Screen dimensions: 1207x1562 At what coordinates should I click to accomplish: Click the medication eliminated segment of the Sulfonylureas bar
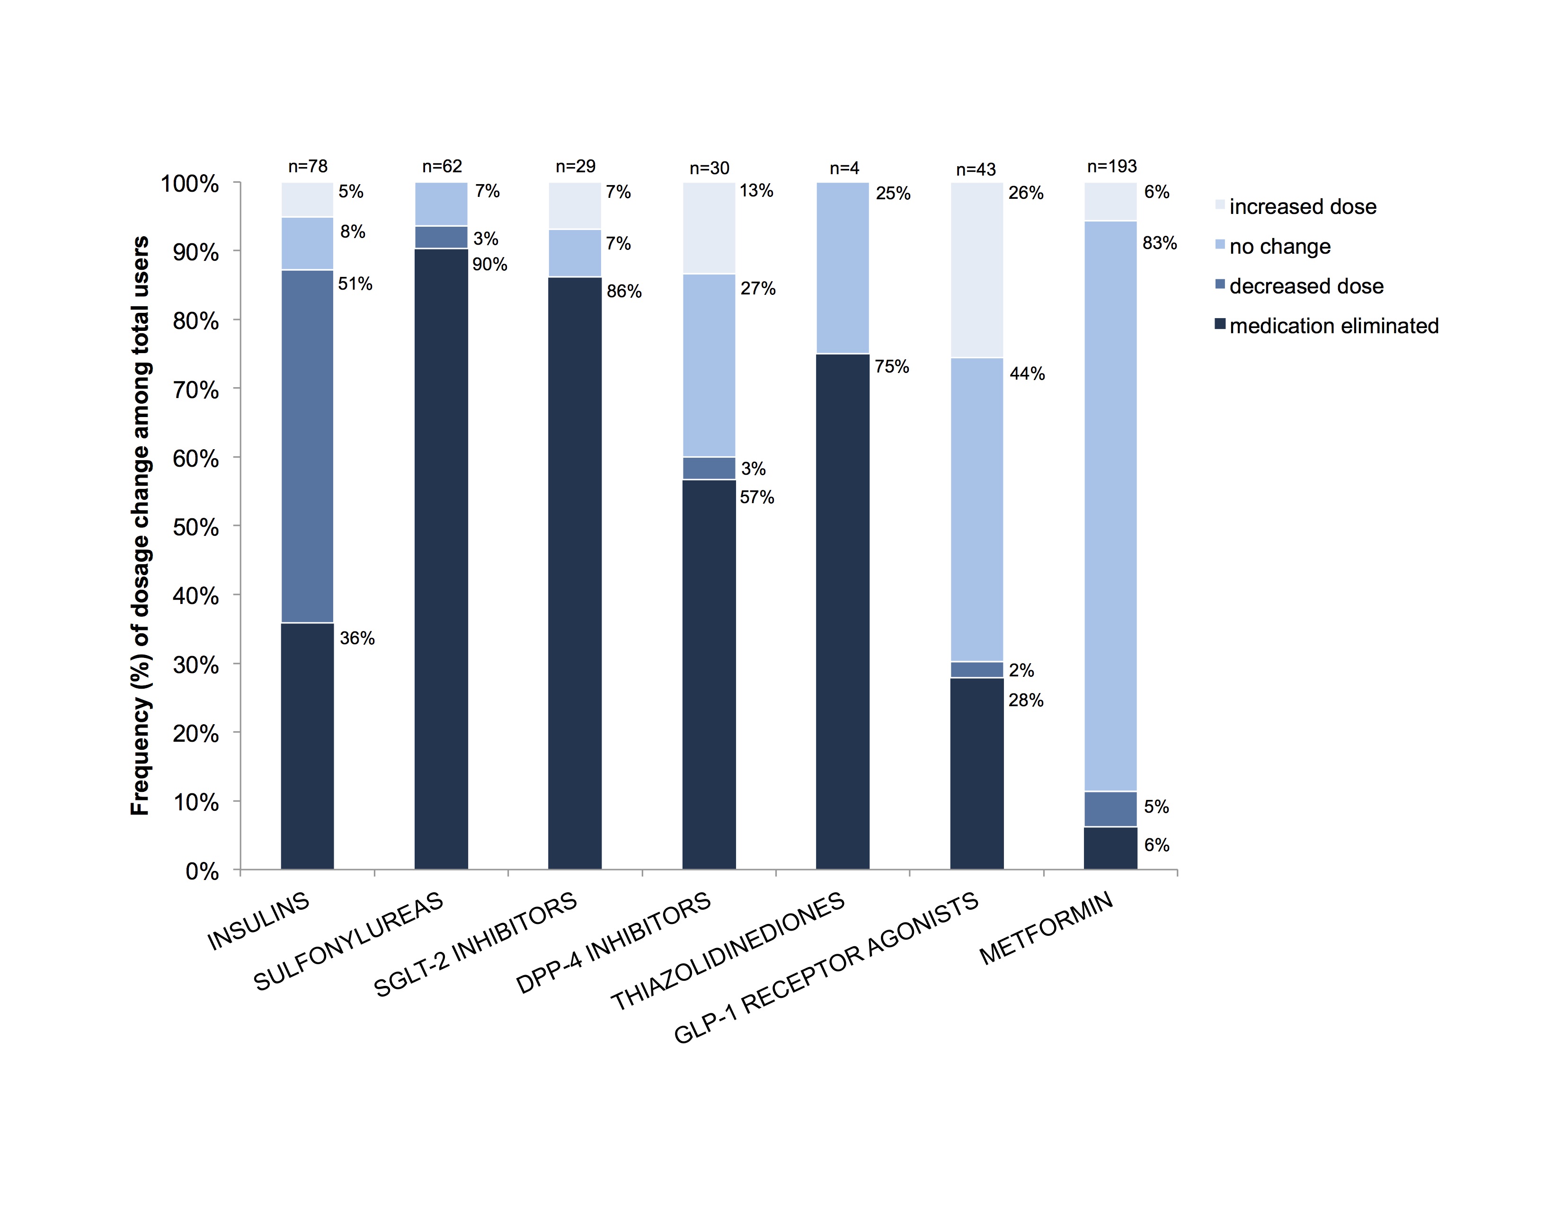point(441,558)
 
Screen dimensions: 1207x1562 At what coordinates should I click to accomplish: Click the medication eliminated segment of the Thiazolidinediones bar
point(843,612)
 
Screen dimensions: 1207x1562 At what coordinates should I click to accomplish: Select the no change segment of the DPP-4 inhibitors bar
point(709,364)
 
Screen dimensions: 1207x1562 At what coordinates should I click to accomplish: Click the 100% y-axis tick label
point(189,184)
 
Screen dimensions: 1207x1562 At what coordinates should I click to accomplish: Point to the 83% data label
point(1159,243)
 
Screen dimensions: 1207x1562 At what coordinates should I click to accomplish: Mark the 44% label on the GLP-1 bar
point(1027,373)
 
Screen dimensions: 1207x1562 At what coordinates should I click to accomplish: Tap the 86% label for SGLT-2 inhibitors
point(624,291)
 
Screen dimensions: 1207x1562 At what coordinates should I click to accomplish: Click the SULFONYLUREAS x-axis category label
point(348,942)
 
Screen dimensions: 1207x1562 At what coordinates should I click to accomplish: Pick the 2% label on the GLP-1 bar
point(1021,670)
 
